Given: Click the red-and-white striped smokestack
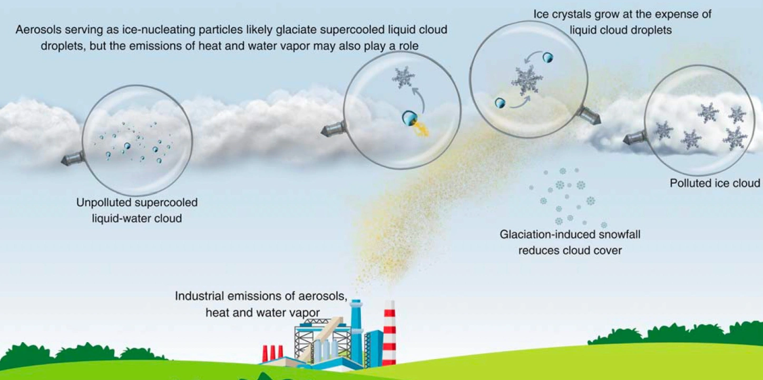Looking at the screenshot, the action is click(390, 333).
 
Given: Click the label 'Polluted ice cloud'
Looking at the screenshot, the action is click(715, 183).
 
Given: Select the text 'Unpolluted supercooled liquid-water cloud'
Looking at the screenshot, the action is click(137, 210).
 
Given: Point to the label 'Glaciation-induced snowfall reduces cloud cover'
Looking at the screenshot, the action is click(570, 242).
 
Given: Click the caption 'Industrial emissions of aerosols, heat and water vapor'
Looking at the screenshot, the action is click(261, 304).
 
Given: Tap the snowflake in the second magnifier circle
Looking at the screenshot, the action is click(404, 78).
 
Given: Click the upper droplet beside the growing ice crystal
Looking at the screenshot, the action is click(547, 57).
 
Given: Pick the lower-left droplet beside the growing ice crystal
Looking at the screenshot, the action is click(500, 103).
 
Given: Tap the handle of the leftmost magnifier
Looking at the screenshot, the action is click(72, 158).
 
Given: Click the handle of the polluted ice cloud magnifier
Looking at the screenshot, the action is click(634, 138).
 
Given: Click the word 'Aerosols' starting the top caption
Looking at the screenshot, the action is click(37, 29).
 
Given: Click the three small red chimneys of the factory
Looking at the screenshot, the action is click(272, 353).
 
